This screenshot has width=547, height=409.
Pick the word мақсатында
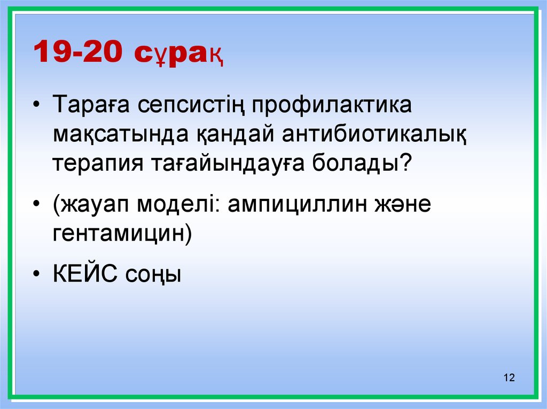pyautogui.click(x=118, y=134)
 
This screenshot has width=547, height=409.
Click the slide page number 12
pyautogui.click(x=509, y=378)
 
